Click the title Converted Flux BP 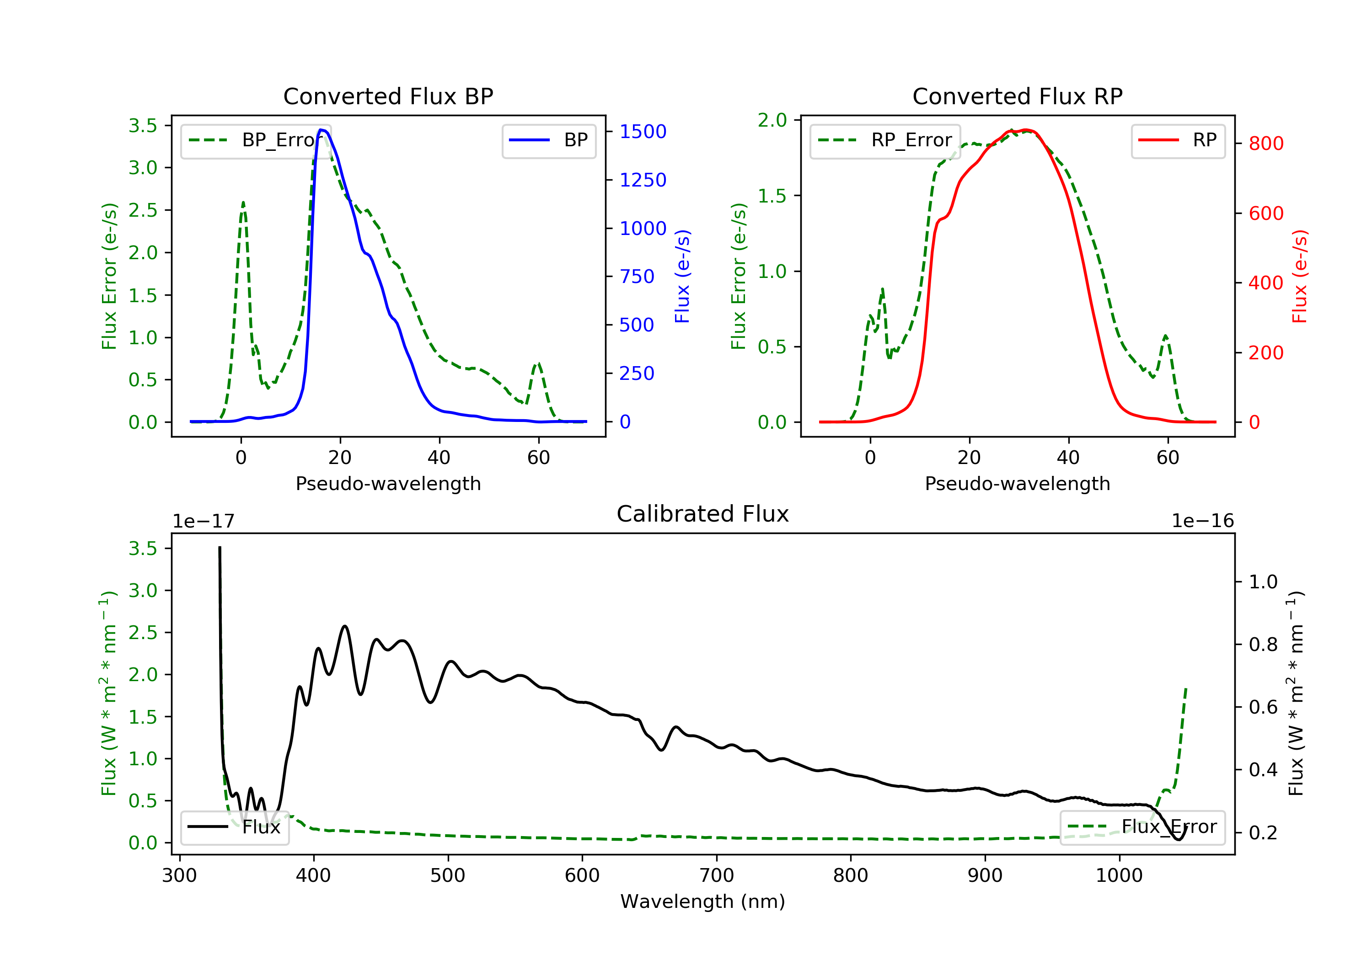click(388, 96)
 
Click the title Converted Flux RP click(1017, 96)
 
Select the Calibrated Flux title click(703, 514)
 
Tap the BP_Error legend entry click(256, 140)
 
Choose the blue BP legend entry click(548, 140)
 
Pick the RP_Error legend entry click(884, 140)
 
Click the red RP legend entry click(1177, 140)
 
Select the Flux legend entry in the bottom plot click(234, 827)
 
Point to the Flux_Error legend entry click(1142, 827)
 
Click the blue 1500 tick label click(643, 131)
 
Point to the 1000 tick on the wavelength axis click(1119, 876)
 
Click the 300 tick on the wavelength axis click(179, 876)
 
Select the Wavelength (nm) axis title click(703, 901)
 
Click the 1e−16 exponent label click(1202, 521)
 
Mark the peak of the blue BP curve click(322, 130)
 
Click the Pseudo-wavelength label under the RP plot click(1017, 483)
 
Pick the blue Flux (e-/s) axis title click(682, 277)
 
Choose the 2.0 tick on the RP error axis click(772, 120)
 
